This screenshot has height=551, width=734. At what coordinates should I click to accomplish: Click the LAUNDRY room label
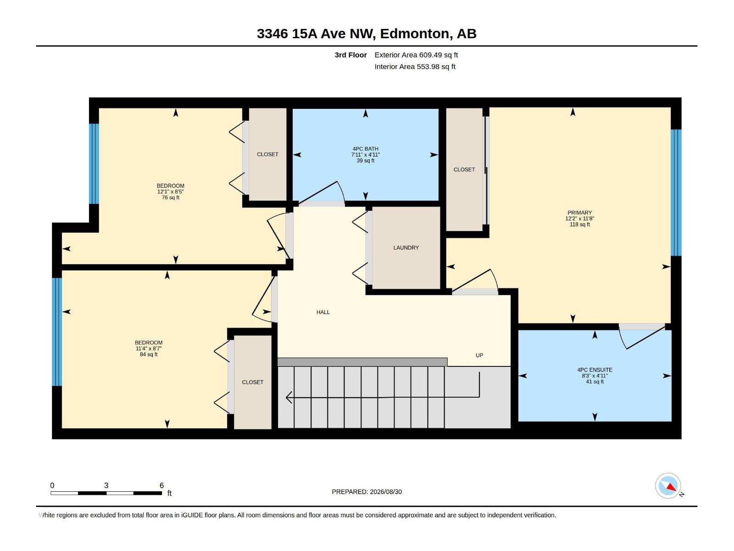tap(406, 247)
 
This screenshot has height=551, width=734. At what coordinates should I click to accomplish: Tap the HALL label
tap(323, 312)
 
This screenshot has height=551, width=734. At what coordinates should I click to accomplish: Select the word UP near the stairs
tap(479, 355)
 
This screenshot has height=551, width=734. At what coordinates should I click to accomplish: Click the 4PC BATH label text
tap(366, 149)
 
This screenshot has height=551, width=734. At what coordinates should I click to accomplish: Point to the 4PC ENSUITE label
tap(595, 370)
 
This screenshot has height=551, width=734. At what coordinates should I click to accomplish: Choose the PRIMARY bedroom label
tap(579, 213)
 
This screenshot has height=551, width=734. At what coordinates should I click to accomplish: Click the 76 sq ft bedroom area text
tap(171, 198)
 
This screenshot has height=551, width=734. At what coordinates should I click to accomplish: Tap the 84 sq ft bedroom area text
tap(149, 354)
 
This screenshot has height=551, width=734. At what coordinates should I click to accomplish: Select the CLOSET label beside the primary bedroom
tap(464, 169)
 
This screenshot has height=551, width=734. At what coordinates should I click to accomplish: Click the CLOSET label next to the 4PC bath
tap(267, 154)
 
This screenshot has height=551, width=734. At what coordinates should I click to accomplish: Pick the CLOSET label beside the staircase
tap(252, 382)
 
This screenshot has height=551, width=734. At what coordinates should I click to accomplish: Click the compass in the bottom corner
tap(668, 486)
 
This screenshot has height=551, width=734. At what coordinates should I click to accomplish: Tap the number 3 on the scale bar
tap(106, 485)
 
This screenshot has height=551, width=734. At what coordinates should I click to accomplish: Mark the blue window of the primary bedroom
tap(676, 193)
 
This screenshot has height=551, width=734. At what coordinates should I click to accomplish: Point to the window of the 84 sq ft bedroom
tap(57, 332)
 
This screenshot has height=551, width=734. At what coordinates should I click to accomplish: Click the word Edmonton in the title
tap(414, 34)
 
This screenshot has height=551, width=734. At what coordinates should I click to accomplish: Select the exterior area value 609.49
tap(430, 55)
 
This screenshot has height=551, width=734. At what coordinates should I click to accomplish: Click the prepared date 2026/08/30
tap(386, 492)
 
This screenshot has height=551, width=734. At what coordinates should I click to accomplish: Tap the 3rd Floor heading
tap(351, 55)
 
